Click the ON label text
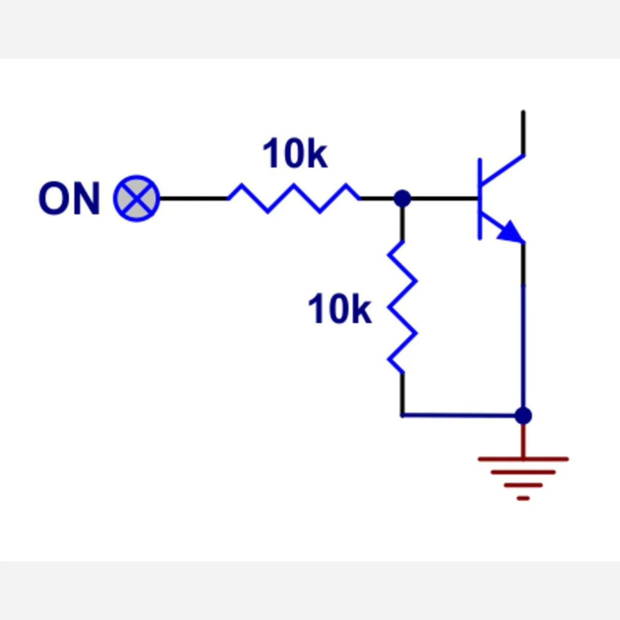[69, 198]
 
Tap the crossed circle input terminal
[136, 198]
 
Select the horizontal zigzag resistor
[293, 198]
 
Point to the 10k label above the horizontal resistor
[295, 154]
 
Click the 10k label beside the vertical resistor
[339, 309]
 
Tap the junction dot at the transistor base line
[402, 198]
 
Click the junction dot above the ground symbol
[523, 415]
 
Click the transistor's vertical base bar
[479, 198]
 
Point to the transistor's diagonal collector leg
[502, 169]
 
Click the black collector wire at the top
[523, 132]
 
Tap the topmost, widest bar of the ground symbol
[523, 459]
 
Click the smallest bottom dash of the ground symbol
[523, 498]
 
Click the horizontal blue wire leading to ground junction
[459, 415]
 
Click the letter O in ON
[53, 198]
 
